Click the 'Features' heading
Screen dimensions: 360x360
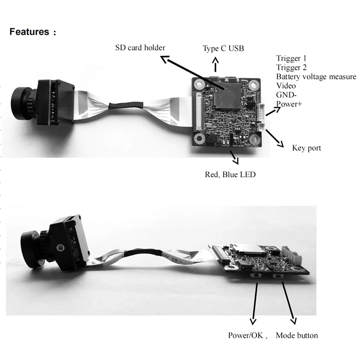point(29,32)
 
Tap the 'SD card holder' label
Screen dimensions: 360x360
point(139,48)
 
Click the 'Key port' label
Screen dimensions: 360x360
point(306,148)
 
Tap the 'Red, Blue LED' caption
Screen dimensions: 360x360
point(230,174)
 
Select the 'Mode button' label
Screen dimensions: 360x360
point(297,335)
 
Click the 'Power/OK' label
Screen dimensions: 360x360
point(247,335)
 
